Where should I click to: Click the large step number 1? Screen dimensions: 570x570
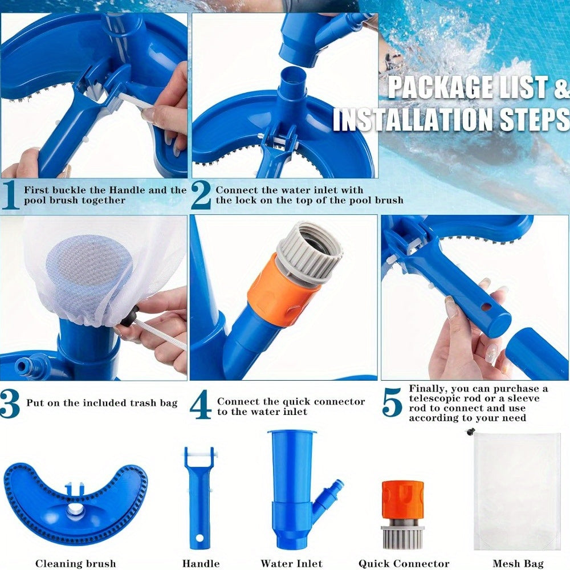click(x=11, y=195)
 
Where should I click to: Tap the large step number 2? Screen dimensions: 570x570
click(x=201, y=195)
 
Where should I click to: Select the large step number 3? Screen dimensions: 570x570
click(x=10, y=403)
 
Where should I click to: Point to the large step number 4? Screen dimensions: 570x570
click(x=201, y=404)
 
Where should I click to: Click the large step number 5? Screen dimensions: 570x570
click(x=392, y=403)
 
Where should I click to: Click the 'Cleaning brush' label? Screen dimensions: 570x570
click(x=75, y=564)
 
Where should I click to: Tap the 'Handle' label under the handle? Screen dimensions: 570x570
click(x=201, y=564)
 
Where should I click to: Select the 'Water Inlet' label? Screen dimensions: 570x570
click(x=291, y=564)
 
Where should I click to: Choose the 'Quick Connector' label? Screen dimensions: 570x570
click(x=404, y=564)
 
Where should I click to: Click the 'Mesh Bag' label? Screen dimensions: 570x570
click(x=518, y=564)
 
